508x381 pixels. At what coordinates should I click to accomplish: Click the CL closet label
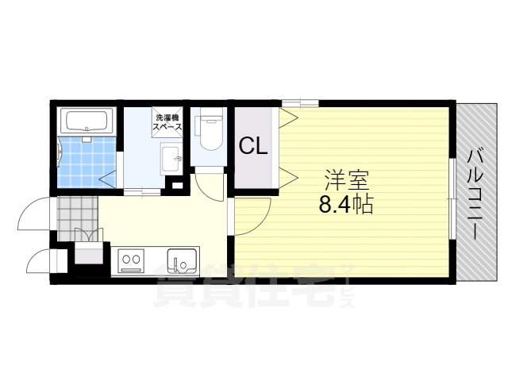point(253,146)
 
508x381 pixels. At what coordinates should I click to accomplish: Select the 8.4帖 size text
point(346,205)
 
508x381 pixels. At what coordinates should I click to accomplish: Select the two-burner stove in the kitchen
point(131,259)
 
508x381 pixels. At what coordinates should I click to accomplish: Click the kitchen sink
point(182,260)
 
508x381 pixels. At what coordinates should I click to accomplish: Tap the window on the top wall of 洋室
point(299,102)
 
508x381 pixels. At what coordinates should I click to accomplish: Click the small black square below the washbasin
point(176,186)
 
